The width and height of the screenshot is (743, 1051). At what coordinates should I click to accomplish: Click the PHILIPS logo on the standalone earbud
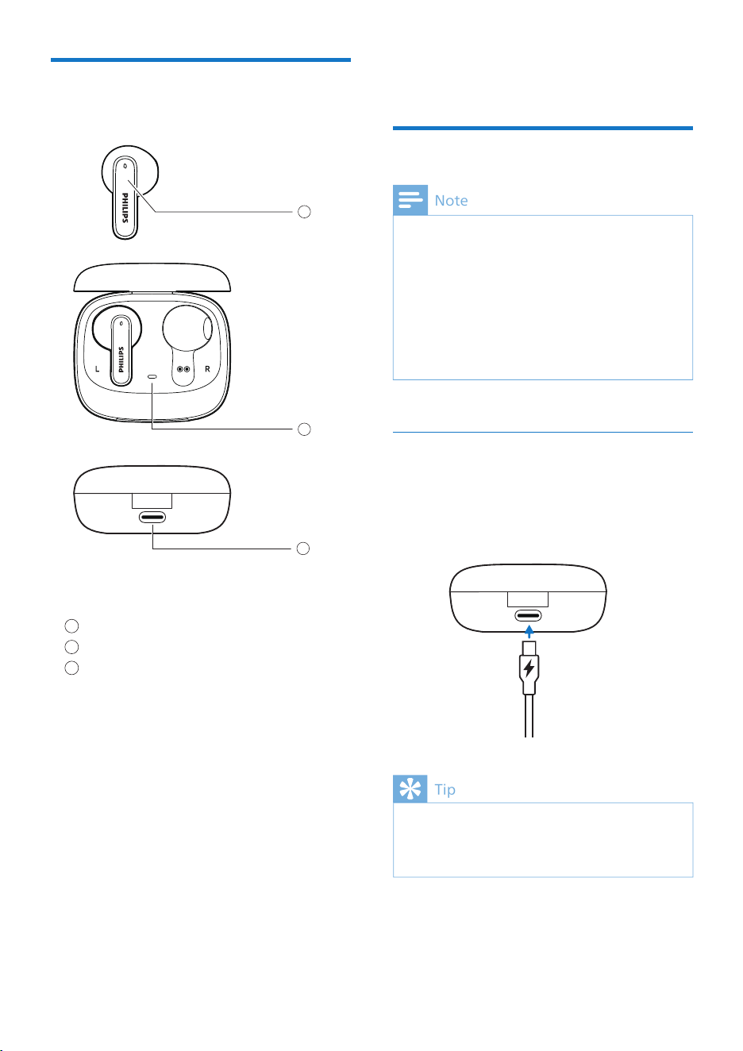[x=125, y=207]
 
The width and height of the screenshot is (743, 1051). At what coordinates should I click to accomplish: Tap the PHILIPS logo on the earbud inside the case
[x=121, y=360]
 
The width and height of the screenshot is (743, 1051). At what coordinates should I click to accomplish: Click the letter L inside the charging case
[x=97, y=369]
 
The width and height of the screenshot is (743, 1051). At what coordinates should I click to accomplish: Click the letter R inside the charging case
[x=207, y=369]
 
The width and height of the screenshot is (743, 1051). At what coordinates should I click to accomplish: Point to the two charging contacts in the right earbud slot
[x=183, y=369]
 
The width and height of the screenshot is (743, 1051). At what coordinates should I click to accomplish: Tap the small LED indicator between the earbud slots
[x=152, y=376]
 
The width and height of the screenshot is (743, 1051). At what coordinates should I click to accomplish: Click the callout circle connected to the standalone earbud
[x=304, y=212]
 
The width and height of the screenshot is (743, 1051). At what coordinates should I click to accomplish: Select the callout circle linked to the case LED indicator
[x=304, y=429]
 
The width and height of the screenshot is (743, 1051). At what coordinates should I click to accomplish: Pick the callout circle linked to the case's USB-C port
[x=303, y=548]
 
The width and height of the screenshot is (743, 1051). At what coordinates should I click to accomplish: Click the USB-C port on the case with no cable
[x=152, y=518]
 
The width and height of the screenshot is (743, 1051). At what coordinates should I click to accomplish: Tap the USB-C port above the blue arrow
[x=528, y=615]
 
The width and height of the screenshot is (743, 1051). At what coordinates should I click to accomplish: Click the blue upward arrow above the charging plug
[x=529, y=631]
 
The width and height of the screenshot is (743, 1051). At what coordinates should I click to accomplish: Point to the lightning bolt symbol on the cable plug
[x=529, y=668]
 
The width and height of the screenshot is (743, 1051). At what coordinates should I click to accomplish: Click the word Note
[x=451, y=200]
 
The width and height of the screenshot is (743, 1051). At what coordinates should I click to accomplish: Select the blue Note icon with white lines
[x=410, y=200]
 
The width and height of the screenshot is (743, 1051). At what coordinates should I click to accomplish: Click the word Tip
[x=445, y=789]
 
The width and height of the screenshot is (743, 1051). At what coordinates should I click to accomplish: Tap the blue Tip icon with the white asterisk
[x=410, y=789]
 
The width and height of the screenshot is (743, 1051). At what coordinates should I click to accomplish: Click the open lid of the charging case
[x=152, y=277]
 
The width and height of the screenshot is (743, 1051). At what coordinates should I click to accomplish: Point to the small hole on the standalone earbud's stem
[x=125, y=166]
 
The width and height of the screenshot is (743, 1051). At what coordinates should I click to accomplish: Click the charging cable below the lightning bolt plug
[x=529, y=715]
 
